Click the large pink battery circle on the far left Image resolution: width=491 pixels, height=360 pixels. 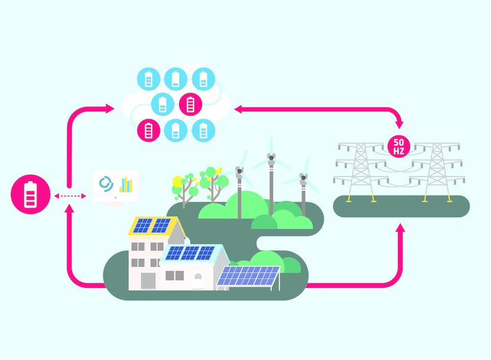(30, 195)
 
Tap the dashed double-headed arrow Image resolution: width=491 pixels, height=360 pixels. (70, 196)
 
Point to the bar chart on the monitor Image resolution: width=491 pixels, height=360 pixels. (126, 184)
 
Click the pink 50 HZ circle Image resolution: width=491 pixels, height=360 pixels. (397, 146)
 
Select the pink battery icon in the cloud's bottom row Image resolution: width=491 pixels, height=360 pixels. (148, 129)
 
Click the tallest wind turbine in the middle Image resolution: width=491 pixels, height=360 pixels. (271, 182)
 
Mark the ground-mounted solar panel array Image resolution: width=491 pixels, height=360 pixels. (248, 276)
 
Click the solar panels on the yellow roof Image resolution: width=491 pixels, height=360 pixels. (151, 225)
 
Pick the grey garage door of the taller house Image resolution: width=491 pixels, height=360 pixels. (147, 279)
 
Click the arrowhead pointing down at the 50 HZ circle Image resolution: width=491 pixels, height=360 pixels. (400, 125)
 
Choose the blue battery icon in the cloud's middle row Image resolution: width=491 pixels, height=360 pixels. (163, 104)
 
